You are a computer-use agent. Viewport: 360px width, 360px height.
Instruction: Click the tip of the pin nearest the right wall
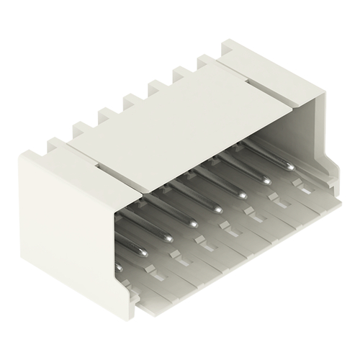coord(290,167)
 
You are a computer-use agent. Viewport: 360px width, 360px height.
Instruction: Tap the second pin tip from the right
coord(266,181)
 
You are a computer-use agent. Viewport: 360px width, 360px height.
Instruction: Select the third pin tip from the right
coord(243,195)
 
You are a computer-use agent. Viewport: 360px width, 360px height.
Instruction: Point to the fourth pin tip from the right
coord(218,210)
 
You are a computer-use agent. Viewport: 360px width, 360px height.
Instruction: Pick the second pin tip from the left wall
coord(144,253)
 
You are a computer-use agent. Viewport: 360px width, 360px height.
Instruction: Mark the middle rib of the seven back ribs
coord(134,101)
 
